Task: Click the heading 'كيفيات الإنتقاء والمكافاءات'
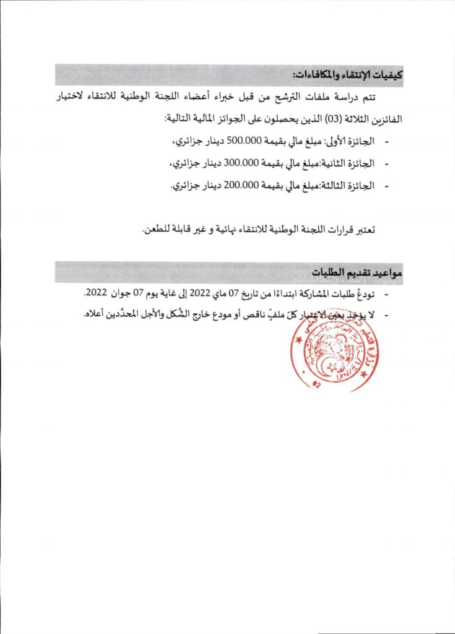point(347,76)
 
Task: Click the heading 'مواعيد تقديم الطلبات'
point(357,272)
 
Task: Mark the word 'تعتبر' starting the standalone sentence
point(363,230)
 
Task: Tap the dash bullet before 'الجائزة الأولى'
point(388,142)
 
